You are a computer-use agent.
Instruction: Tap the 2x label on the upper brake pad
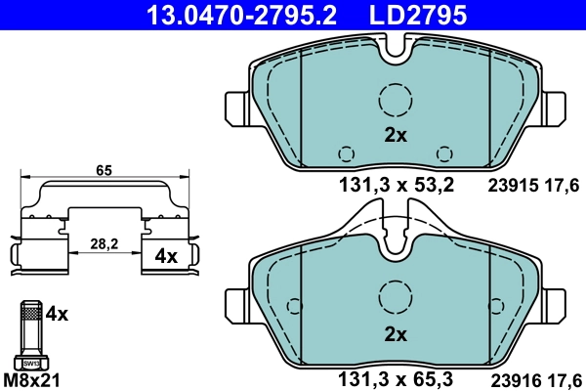click(x=395, y=136)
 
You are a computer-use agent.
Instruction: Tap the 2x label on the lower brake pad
click(x=395, y=333)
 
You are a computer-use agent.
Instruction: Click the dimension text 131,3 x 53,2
click(x=396, y=183)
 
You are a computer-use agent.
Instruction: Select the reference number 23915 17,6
click(x=533, y=183)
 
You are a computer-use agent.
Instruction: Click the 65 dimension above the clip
click(x=105, y=170)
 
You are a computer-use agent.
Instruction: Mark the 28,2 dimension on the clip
click(x=103, y=244)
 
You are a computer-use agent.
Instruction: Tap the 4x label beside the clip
click(x=166, y=257)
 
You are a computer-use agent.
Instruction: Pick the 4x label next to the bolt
click(x=58, y=314)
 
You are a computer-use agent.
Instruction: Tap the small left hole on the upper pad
click(x=345, y=153)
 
